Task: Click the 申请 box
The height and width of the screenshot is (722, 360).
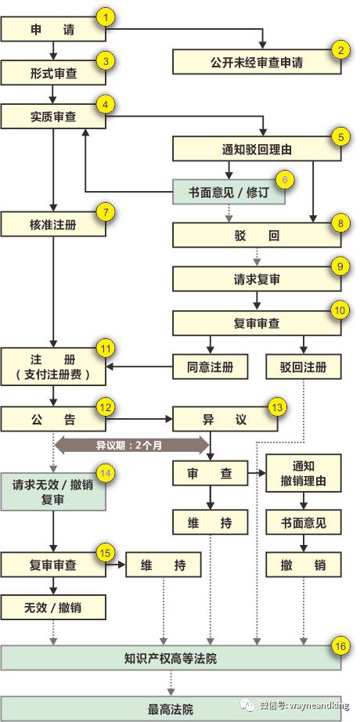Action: click(x=53, y=30)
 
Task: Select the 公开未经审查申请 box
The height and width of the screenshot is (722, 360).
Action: click(x=257, y=62)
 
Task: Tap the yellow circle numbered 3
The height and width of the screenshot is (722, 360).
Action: click(x=106, y=62)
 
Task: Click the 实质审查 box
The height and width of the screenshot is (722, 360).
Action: click(x=53, y=116)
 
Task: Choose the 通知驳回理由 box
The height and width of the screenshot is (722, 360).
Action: click(x=257, y=149)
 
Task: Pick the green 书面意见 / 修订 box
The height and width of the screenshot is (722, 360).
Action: click(x=229, y=192)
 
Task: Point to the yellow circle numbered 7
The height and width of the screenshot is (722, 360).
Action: click(x=106, y=214)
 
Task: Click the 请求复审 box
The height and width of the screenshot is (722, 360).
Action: click(x=257, y=279)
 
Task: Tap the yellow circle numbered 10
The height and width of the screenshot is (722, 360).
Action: click(x=340, y=311)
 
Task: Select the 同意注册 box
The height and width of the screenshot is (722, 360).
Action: click(x=210, y=366)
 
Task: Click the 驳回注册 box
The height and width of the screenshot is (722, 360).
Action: click(x=304, y=366)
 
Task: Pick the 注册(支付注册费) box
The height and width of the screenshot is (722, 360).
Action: click(x=53, y=366)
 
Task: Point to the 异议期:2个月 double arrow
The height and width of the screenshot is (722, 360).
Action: click(x=132, y=446)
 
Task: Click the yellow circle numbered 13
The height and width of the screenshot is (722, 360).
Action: click(x=277, y=407)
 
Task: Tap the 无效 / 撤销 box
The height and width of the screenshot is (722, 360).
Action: click(x=53, y=607)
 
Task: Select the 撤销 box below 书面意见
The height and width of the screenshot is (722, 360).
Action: click(x=304, y=565)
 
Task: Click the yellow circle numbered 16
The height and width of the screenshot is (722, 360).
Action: click(x=340, y=647)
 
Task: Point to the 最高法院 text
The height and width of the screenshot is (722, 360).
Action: click(x=171, y=709)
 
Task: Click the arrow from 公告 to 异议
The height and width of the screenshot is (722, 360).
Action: click(x=139, y=420)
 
